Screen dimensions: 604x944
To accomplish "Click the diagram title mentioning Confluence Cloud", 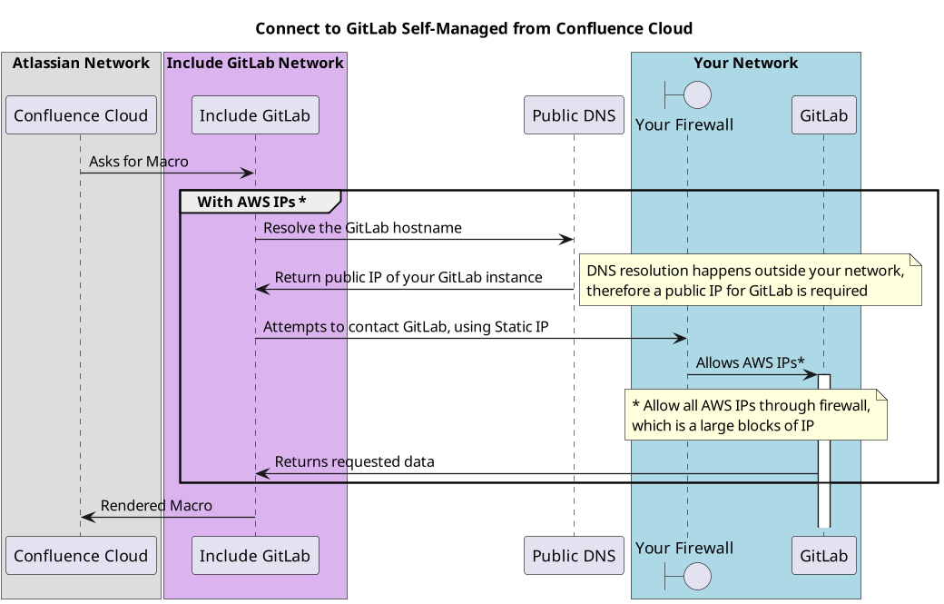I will tap(473, 29).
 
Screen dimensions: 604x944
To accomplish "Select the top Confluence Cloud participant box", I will tap(81, 115).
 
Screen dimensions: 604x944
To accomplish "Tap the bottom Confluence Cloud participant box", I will tap(81, 556).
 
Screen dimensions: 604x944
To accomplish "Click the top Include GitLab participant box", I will tap(255, 115).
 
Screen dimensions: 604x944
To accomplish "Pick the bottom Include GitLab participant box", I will tap(255, 556).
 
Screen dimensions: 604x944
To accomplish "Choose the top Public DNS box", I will tap(574, 115).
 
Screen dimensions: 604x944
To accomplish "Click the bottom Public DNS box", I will tap(574, 556).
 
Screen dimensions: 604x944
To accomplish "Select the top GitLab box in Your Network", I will tap(823, 115).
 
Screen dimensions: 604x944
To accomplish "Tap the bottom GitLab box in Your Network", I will tap(823, 556).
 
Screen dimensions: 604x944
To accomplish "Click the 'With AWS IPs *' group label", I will tap(251, 202).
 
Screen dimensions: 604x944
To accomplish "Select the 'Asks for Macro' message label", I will tap(139, 162).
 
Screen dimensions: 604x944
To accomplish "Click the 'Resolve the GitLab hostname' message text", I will tap(362, 228).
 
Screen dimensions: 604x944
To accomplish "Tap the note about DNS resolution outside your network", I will tap(750, 281).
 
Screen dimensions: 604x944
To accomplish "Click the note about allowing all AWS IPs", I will tap(755, 415).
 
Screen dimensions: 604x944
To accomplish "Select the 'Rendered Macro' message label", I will tap(156, 506).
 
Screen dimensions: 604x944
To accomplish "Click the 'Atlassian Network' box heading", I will tap(81, 64).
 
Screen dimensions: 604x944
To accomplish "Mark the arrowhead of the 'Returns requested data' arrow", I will tap(262, 473).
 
